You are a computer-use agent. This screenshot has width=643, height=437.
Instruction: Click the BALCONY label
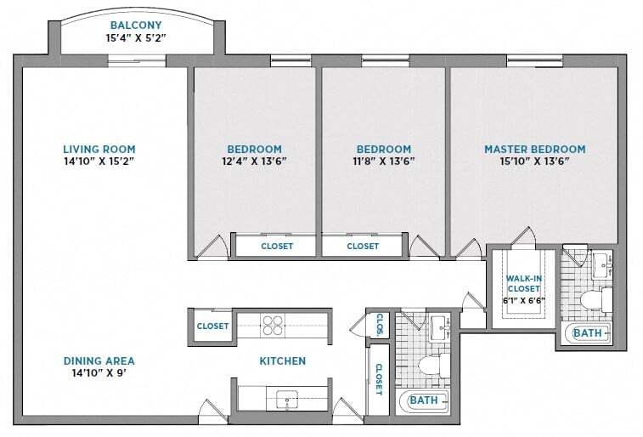142,25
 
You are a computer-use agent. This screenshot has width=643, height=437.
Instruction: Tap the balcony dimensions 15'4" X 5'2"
142,38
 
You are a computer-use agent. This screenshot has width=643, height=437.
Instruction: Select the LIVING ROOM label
99,149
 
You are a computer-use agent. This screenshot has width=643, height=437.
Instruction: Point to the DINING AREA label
99,360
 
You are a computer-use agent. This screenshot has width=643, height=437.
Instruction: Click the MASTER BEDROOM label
534,149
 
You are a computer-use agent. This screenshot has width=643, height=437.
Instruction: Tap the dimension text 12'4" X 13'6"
254,161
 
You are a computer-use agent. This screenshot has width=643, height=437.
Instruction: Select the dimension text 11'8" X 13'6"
383,161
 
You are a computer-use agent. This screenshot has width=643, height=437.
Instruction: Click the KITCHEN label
282,361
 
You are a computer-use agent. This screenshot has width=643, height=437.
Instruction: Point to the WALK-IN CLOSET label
524,283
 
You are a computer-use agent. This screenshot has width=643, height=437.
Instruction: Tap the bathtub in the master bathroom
586,333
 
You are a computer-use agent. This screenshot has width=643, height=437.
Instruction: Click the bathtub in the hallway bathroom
424,400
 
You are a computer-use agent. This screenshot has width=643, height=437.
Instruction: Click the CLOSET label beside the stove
212,326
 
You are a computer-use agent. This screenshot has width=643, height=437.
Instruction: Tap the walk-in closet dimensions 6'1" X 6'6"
524,300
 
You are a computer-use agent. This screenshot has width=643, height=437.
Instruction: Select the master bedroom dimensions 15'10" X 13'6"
534,161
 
